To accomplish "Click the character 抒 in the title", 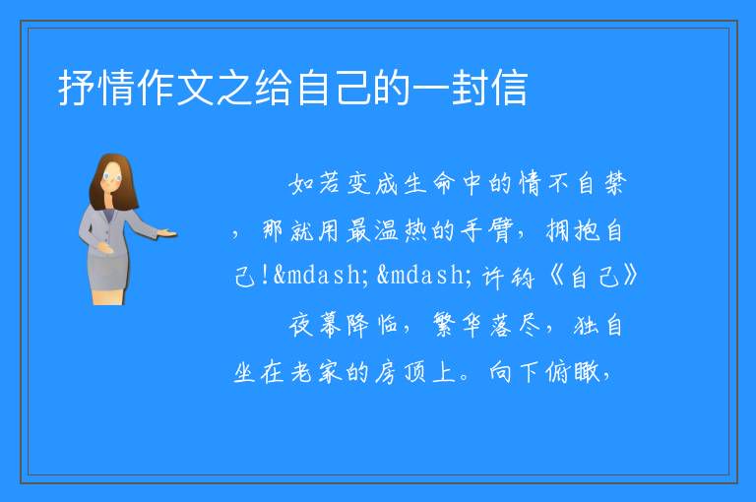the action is pyautogui.click(x=77, y=88).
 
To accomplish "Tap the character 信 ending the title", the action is pyautogui.click(x=510, y=88).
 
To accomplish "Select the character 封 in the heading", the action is pyautogui.click(x=471, y=88).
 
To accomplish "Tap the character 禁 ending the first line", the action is pyautogui.click(x=615, y=183).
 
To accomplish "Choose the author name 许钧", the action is pyautogui.click(x=509, y=277).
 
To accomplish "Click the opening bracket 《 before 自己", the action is pyautogui.click(x=556, y=277).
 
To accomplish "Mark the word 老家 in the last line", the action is pyautogui.click(x=316, y=372).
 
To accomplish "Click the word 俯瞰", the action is pyautogui.click(x=573, y=372).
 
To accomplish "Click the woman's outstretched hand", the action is pyautogui.click(x=167, y=234).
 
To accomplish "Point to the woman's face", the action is pyautogui.click(x=112, y=176).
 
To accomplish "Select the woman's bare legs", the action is pyautogui.click(x=107, y=295).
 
